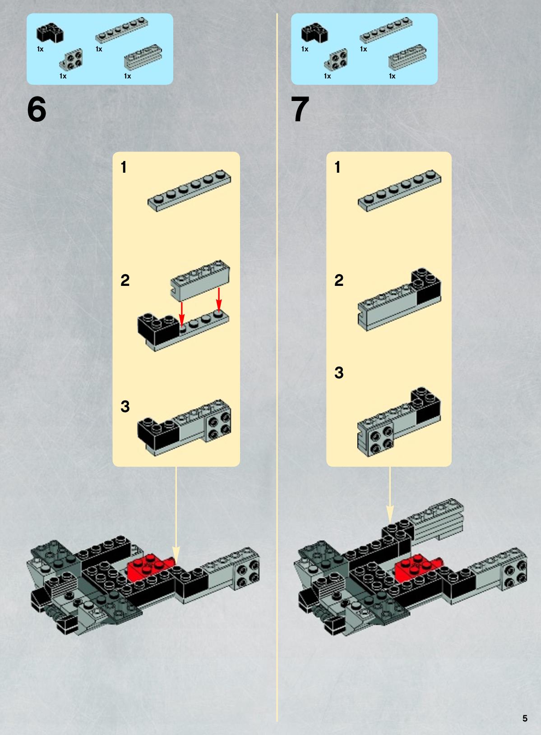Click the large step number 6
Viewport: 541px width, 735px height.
coord(37,110)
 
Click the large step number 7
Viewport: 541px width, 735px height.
coord(300,110)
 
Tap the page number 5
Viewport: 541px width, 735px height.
coord(525,718)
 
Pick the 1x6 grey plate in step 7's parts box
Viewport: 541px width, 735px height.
coord(386,30)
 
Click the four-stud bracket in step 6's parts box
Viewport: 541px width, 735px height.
coord(71,60)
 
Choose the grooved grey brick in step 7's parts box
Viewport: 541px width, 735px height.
coord(407,57)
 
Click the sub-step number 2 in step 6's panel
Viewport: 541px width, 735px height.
coord(125,280)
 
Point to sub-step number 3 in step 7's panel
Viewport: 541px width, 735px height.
coord(339,373)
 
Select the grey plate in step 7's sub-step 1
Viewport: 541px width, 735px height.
coord(399,191)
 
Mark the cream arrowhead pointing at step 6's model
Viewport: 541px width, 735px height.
coord(176,556)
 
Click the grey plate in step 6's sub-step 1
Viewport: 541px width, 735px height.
coord(189,191)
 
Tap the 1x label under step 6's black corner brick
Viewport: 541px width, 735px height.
coord(40,49)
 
